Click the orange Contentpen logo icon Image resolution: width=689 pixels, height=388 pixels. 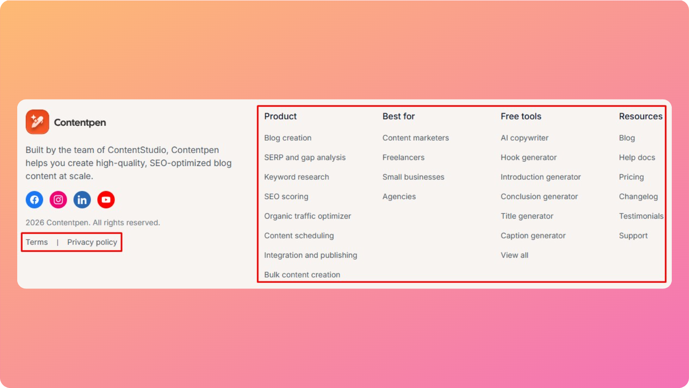pos(37,122)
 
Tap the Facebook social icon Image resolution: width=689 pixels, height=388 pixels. pos(34,200)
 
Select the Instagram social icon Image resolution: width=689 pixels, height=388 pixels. pos(58,200)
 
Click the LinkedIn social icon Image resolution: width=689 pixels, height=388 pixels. pos(82,200)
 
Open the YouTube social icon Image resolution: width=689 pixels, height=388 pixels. pos(106,200)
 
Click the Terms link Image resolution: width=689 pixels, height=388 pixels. pos(37,242)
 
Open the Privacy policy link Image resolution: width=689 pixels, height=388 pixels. pos(92,242)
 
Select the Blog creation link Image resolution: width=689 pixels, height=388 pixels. pos(288,138)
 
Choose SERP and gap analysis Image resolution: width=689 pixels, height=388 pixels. pos(305,157)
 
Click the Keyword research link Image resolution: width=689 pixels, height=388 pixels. pos(297,177)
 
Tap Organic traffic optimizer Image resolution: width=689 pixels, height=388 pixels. pos(307,216)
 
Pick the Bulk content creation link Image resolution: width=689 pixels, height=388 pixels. pos(302,275)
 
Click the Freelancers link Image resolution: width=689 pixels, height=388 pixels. pos(403,157)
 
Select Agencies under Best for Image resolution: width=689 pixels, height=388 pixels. pos(399,197)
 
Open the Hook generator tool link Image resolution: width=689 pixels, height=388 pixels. pos(528,157)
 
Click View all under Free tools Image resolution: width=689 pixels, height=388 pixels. pos(514,255)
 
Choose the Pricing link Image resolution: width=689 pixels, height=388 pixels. pos(631,177)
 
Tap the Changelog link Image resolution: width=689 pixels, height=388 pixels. pos(638,197)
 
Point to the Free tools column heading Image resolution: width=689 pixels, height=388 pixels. pos(521,116)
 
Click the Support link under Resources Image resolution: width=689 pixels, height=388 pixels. pos(633,236)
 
